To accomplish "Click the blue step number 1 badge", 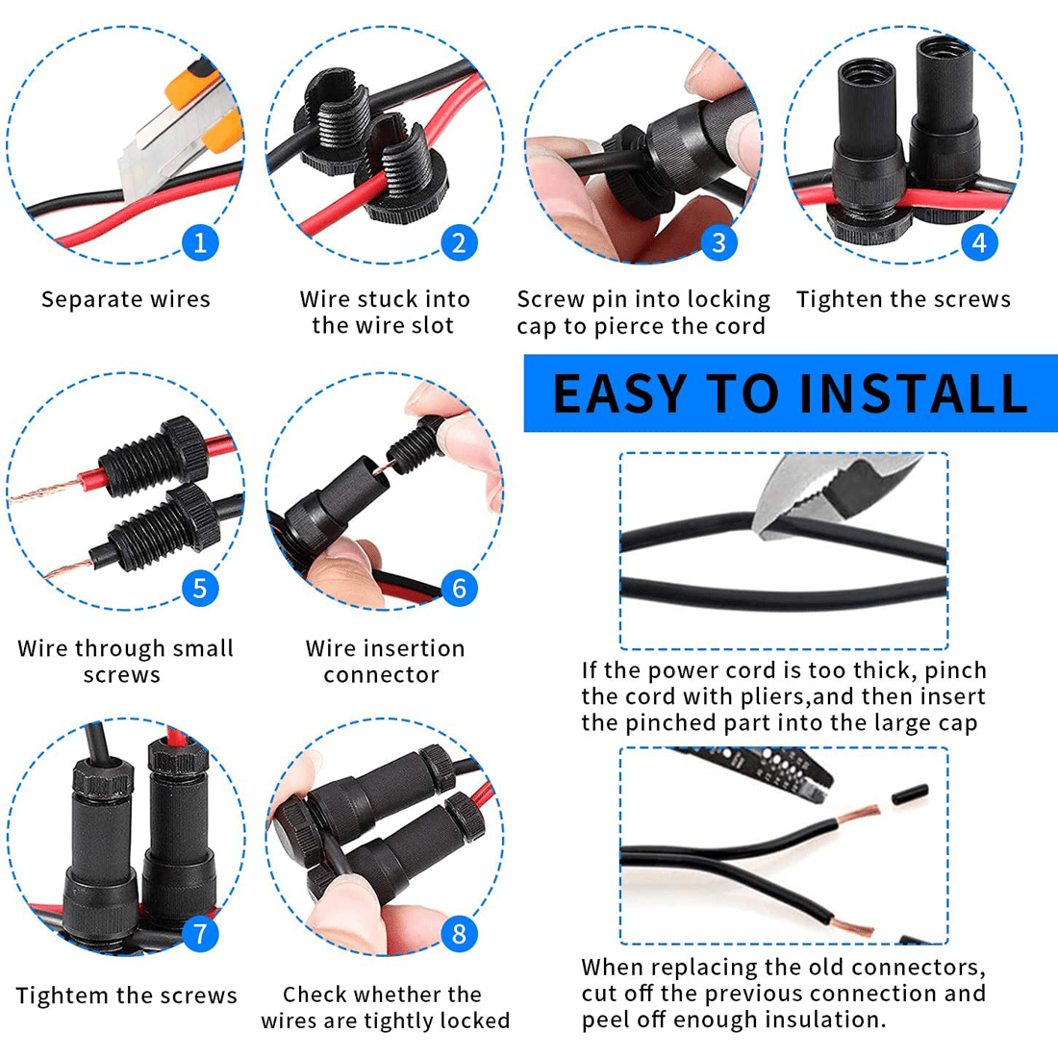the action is (200, 242).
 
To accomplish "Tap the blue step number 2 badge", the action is (459, 242).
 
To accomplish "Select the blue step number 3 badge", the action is (718, 242).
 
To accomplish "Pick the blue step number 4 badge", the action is (979, 242).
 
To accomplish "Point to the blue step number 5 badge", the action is (200, 589).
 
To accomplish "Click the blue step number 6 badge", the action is (459, 589).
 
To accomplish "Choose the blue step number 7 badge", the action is (200, 934).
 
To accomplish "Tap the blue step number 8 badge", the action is (459, 934).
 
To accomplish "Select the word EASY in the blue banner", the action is (619, 393).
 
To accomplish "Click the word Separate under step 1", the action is (84, 299).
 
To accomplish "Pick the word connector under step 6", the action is (381, 675).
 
